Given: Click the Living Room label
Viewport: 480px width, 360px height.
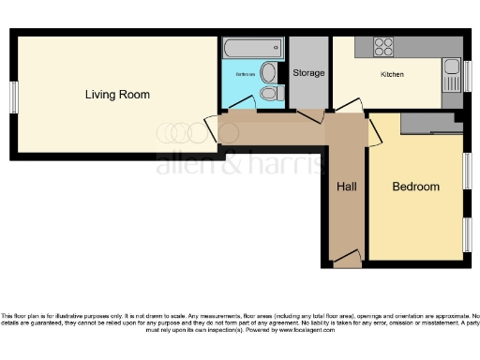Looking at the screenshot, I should pos(117,95).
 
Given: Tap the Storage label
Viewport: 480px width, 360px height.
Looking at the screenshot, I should pos(308,72).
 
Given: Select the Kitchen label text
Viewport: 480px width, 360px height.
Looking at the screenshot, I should pos(392,74).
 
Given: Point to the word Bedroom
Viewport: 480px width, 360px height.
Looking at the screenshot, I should pos(415,187).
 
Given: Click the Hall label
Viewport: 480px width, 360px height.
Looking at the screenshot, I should pos(346,187).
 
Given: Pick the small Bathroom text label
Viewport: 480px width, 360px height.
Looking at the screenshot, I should pos(246,73).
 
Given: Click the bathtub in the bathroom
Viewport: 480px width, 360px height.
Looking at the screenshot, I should pos(252,47).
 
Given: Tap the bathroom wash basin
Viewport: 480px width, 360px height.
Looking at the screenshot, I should pos(269,72).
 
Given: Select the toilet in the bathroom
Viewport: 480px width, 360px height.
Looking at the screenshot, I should pos(269,93).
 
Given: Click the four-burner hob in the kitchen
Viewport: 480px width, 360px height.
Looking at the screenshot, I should pos(383,46).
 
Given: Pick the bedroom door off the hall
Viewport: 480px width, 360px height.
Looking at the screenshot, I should pos(373,130).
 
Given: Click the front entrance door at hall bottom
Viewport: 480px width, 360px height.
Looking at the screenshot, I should pos(346,257).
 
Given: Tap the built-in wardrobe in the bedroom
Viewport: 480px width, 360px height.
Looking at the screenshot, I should pos(429,124).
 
